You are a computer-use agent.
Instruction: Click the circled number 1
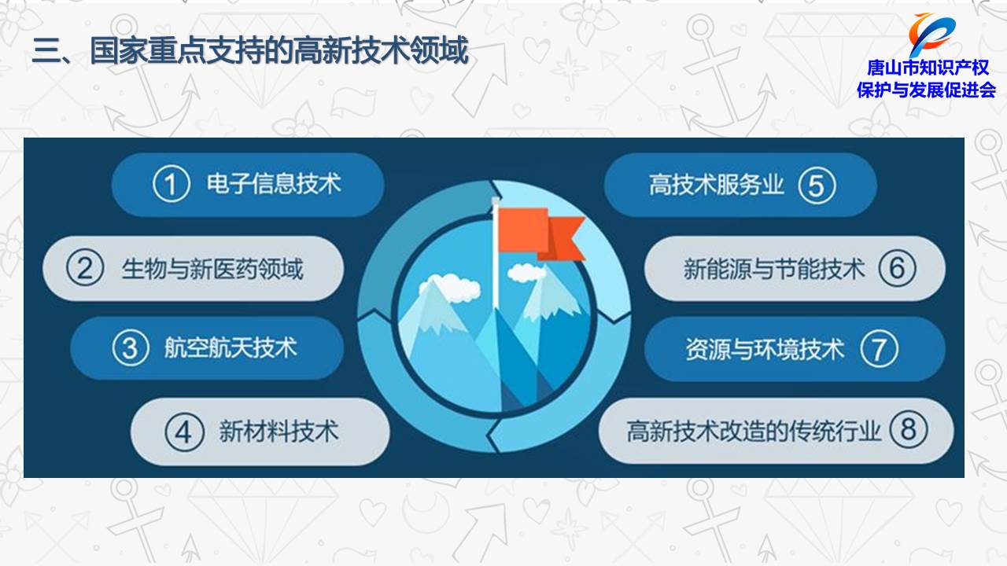pyautogui.click(x=172, y=184)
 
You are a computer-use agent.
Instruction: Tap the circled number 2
pyautogui.click(x=85, y=268)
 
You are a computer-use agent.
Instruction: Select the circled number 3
pyautogui.click(x=131, y=347)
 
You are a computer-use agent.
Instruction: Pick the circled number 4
pyautogui.click(x=184, y=432)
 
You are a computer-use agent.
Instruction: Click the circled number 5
pyautogui.click(x=817, y=186)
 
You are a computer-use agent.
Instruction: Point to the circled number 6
pyautogui.click(x=898, y=268)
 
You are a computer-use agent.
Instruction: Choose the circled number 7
pyautogui.click(x=880, y=349)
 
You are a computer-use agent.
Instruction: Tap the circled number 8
pyautogui.click(x=909, y=429)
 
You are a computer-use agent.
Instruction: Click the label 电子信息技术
pyautogui.click(x=274, y=184)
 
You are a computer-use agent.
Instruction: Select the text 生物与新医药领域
pyautogui.click(x=212, y=269)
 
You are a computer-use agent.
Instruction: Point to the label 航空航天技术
pyautogui.click(x=231, y=347)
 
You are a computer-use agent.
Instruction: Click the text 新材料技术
pyautogui.click(x=278, y=432)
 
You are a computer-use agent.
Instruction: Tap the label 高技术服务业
pyautogui.click(x=716, y=185)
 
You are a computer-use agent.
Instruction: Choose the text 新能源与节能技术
pyautogui.click(x=774, y=269)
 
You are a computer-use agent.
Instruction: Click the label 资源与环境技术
pyautogui.click(x=765, y=349)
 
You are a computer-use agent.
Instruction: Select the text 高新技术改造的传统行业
pyautogui.click(x=754, y=431)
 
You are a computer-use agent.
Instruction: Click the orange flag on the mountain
pyautogui.click(x=540, y=233)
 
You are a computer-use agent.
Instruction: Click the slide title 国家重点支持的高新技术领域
pyautogui.click(x=279, y=50)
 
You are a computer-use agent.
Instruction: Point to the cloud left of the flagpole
pyautogui.click(x=449, y=289)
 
